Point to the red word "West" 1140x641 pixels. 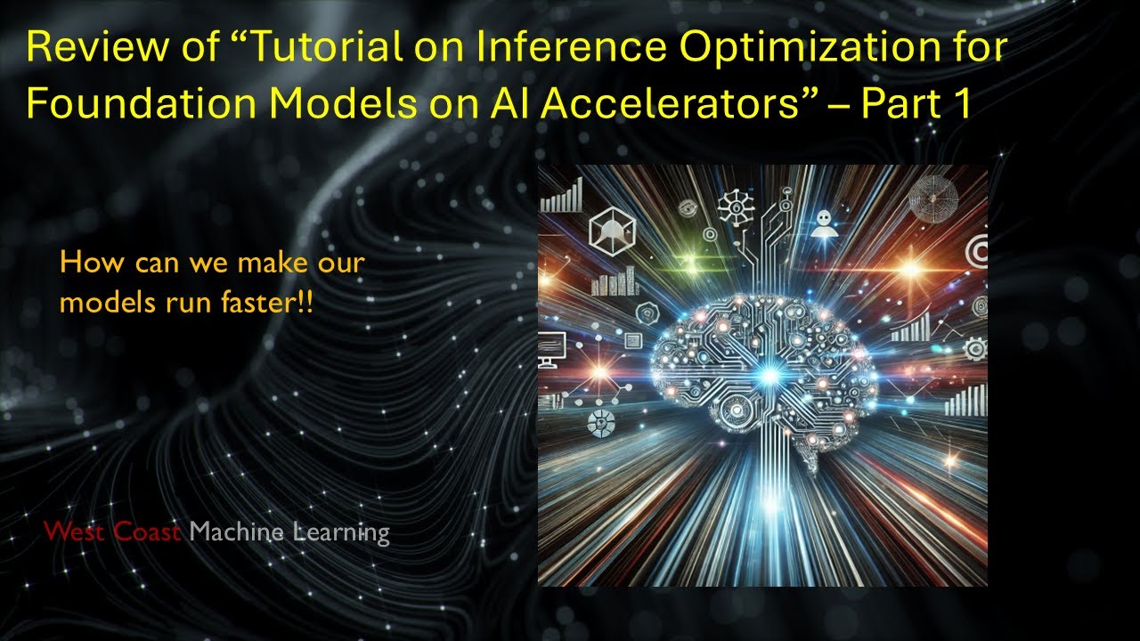[74, 532]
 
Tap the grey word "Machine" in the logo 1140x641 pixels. [236, 532]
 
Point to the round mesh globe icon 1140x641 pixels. [932, 194]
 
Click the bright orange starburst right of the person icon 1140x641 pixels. [910, 266]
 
